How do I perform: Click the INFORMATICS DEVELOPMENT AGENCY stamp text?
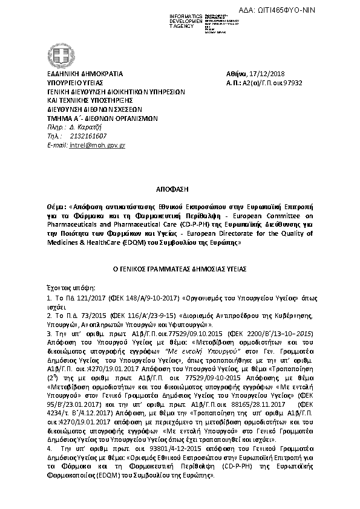coord(186,21)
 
